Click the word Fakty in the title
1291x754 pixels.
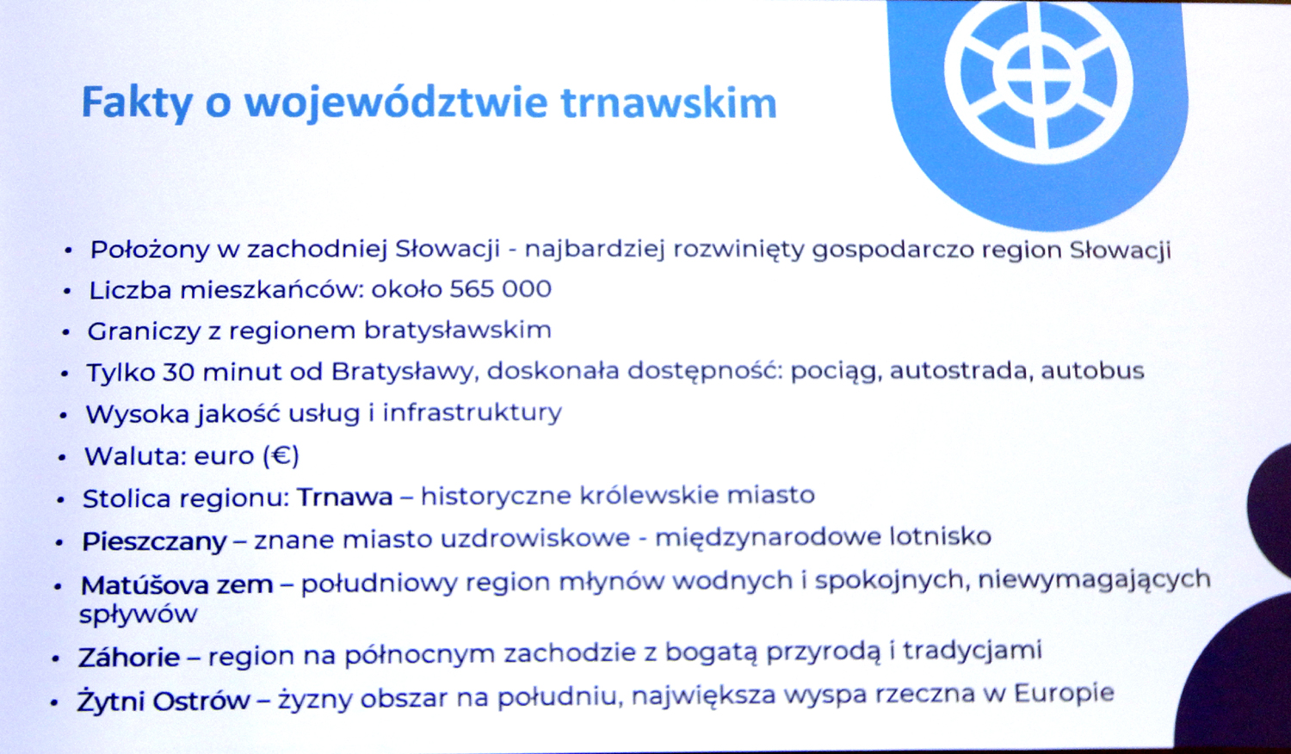click(x=137, y=102)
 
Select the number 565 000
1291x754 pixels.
click(x=500, y=288)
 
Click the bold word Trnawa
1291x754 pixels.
click(x=344, y=497)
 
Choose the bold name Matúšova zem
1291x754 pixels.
click(x=177, y=584)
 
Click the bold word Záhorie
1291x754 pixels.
click(x=129, y=657)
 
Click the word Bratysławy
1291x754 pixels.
click(x=405, y=373)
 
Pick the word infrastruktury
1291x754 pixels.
click(x=472, y=413)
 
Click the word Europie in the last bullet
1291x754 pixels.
click(x=1063, y=694)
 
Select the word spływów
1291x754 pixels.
click(x=139, y=615)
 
